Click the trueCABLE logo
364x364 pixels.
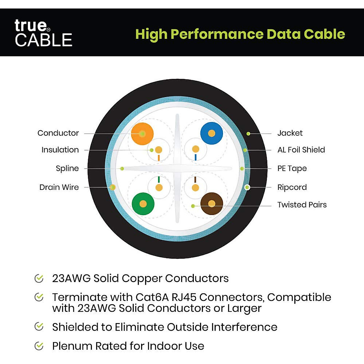coord(43,33)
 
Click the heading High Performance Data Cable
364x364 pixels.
coord(240,34)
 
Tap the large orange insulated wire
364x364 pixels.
coord(142,133)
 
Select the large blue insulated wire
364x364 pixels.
coord(212,133)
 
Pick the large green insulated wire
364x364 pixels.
coord(143,204)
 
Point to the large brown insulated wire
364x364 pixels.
coord(212,204)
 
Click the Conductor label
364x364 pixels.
coord(58,133)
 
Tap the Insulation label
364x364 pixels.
coord(60,150)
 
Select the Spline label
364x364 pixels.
coord(67,168)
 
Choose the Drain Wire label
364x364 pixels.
coord(59,187)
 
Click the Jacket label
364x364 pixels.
coord(290,133)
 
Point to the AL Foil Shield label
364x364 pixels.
coord(301,150)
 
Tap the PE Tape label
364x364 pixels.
coord(292,168)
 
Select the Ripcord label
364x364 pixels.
coord(292,187)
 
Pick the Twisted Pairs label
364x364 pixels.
coord(302,204)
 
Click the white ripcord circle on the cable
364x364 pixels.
coord(247,187)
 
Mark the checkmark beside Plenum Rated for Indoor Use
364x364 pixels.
coord(39,346)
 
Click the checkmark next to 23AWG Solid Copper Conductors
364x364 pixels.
coord(39,278)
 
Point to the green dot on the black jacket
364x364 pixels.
coord(248,133)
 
